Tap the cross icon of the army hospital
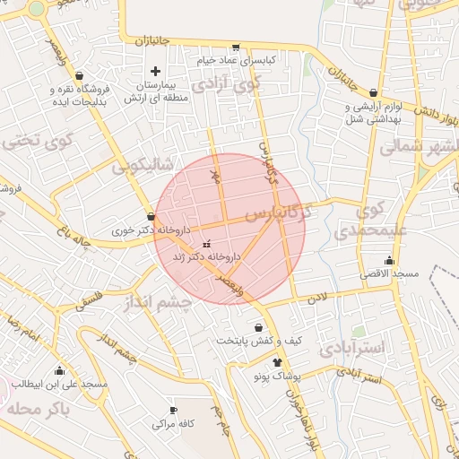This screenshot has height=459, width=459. (156, 71)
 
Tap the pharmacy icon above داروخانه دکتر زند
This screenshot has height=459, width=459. (207, 244)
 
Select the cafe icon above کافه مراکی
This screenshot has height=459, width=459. (173, 409)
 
